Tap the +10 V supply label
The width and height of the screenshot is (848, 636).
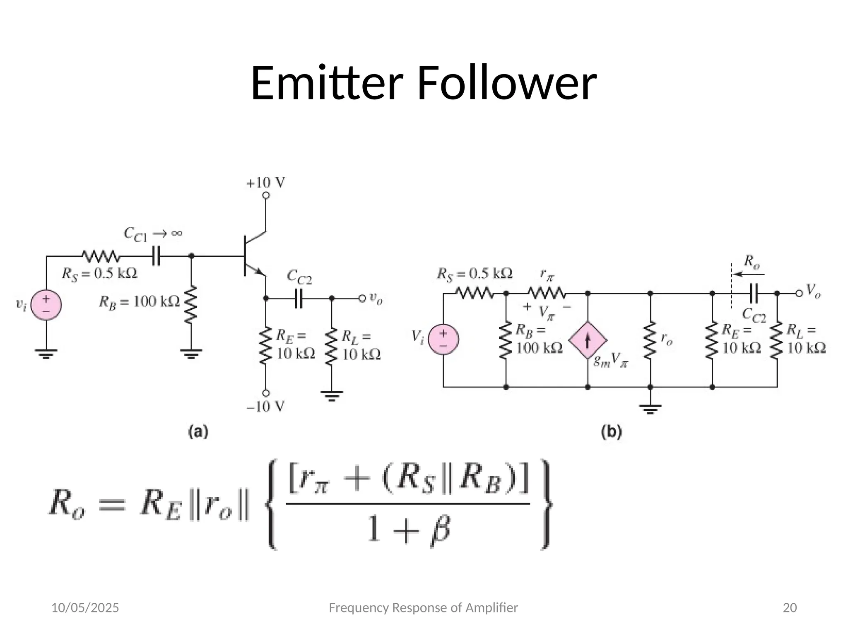(265, 183)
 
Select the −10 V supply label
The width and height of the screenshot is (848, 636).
(265, 407)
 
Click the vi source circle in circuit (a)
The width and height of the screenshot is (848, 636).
(46, 304)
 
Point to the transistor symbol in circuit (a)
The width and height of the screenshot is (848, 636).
(253, 256)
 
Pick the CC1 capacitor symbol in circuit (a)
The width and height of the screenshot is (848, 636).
(156, 256)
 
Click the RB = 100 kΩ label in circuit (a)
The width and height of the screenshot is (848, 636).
(139, 302)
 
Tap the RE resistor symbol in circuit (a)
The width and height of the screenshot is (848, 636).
(265, 346)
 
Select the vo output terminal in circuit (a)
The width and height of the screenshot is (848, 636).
(362, 298)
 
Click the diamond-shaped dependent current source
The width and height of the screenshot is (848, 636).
(588, 340)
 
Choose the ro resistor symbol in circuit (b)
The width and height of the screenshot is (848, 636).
(650, 340)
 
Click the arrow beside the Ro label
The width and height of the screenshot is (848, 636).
(749, 274)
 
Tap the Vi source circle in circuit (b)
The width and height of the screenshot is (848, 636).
(443, 340)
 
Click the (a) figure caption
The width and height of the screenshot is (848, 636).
(198, 432)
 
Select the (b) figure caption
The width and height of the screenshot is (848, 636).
(611, 432)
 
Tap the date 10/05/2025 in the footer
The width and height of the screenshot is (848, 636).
(85, 608)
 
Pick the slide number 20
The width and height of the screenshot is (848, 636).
(790, 608)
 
